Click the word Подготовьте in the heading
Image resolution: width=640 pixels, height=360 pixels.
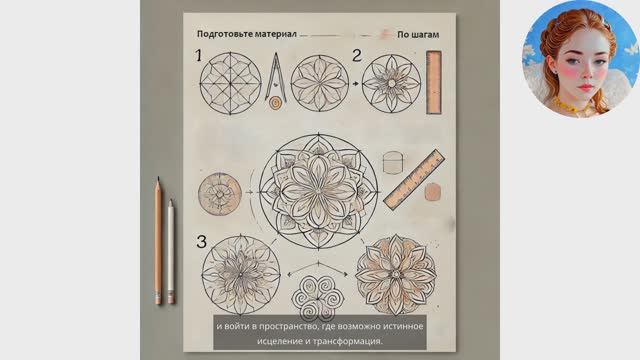[x=224, y=34]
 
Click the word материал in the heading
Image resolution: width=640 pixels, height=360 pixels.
[x=276, y=34]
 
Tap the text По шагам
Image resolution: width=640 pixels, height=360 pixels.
[x=418, y=35]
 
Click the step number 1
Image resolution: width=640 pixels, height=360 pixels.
[x=199, y=56]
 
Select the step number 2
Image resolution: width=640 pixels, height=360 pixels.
[x=357, y=56]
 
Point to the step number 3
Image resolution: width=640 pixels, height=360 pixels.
[x=202, y=241]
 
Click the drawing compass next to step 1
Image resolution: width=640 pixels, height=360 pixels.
[x=276, y=81]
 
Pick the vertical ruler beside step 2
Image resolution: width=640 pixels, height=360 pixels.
[x=434, y=82]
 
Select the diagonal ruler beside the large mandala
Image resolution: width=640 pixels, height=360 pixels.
[x=414, y=180]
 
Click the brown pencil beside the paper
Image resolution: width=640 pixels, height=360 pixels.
[x=158, y=241]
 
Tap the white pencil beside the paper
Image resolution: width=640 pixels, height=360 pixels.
[x=171, y=251]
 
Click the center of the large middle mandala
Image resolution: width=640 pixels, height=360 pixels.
[x=318, y=191]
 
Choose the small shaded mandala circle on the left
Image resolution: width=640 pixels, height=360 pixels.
[x=220, y=194]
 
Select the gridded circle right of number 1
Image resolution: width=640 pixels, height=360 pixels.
[x=230, y=83]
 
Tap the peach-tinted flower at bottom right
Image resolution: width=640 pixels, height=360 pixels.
[x=396, y=275]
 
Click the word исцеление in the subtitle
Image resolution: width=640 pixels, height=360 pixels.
[x=279, y=341]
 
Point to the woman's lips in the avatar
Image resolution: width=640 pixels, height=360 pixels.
[x=585, y=87]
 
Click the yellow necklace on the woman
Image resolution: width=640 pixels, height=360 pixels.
[x=567, y=106]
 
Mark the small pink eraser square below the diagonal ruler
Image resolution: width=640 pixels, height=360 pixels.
[x=433, y=192]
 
